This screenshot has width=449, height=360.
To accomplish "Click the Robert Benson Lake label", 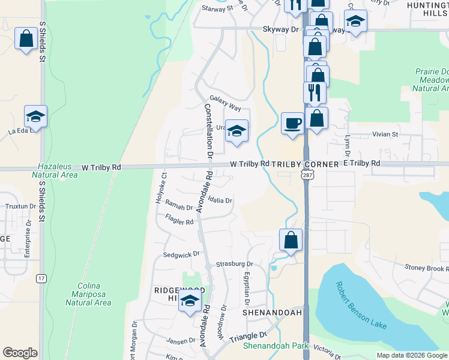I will [x=361, y=305].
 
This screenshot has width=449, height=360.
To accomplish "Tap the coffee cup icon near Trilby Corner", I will [x=292, y=123].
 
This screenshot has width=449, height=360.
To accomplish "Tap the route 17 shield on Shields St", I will [x=41, y=278].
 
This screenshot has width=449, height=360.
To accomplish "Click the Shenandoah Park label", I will [x=276, y=346].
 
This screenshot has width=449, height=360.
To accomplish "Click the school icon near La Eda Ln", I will [x=35, y=116].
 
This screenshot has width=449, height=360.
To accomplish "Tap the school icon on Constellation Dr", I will [x=237, y=131].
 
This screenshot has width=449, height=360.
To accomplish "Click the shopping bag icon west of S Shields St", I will [x=26, y=39].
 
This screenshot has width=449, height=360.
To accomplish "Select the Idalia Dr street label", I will [x=220, y=200].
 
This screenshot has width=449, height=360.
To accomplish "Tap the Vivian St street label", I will [x=385, y=134].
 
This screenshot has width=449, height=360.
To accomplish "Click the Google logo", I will [x=21, y=353].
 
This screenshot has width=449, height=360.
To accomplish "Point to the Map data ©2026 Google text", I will [x=411, y=355].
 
